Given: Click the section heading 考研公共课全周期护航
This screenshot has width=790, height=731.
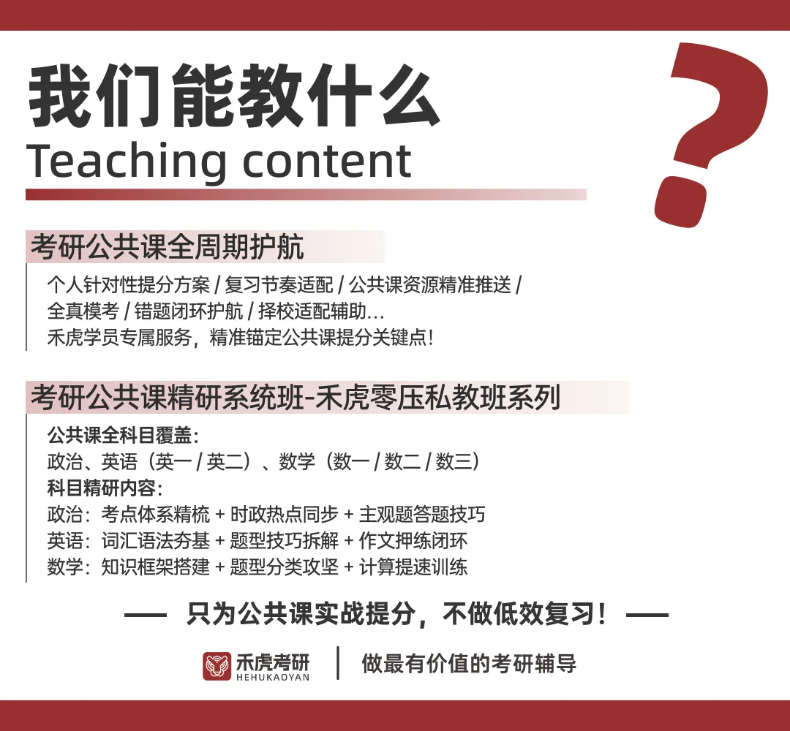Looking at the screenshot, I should coord(167,248).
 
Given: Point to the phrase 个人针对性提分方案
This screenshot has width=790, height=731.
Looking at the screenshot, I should coord(128,285).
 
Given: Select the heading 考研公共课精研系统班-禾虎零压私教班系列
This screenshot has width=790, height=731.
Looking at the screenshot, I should coord(295,398).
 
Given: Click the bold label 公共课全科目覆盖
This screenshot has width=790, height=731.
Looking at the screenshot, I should coord(119,436).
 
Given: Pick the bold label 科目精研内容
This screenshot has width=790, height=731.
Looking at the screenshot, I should coord(102,488).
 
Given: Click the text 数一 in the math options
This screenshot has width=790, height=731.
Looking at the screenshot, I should coord(350,462).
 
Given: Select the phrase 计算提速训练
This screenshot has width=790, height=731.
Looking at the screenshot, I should coord(413,567).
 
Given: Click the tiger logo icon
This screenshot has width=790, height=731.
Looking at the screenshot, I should coord(217,665).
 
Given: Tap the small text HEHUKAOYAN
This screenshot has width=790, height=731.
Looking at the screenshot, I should coord(273,678).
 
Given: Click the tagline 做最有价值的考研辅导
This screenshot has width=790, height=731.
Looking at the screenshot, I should coord(469,664).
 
